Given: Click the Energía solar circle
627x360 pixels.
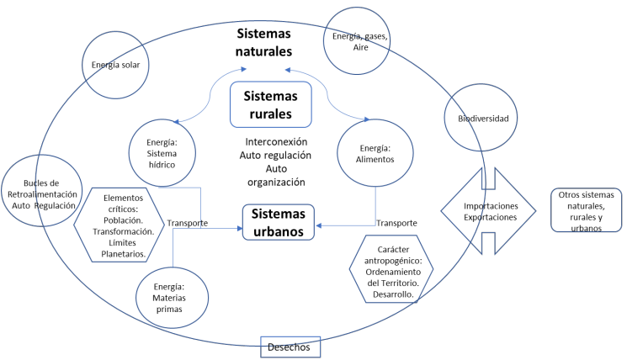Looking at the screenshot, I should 116,66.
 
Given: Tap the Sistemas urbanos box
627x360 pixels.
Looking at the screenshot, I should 279,223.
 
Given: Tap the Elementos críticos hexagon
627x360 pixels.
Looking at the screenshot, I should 123,225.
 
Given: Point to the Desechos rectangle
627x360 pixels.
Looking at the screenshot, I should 290,347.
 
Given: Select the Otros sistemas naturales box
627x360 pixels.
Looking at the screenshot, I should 587,211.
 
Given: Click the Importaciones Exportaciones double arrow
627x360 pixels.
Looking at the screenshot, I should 488,211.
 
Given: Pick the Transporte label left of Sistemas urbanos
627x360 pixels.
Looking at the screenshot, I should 188,223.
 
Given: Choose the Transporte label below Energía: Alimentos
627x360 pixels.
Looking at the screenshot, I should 396,223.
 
